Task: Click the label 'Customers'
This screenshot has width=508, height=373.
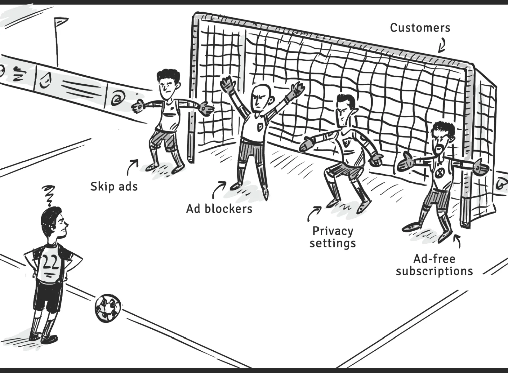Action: pyautogui.click(x=420, y=28)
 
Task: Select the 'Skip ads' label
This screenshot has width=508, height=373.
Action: pyautogui.click(x=114, y=187)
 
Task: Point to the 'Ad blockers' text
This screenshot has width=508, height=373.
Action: pyautogui.click(x=219, y=209)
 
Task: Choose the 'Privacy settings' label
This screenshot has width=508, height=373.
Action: pyautogui.click(x=332, y=237)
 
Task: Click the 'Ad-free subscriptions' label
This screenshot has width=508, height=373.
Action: pyautogui.click(x=434, y=265)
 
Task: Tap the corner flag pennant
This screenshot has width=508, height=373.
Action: pyautogui.click(x=61, y=21)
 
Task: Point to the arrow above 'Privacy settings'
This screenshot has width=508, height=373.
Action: pyautogui.click(x=314, y=213)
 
